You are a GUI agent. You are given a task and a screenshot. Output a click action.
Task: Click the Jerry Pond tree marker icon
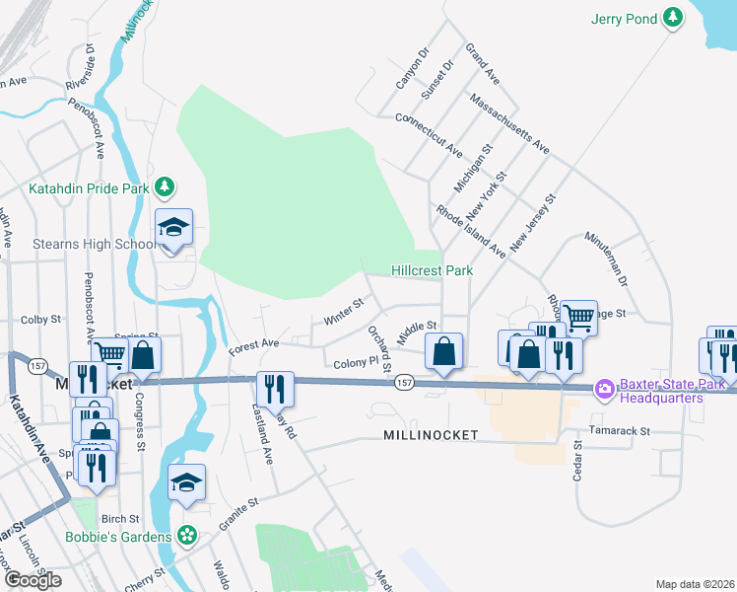(673, 18)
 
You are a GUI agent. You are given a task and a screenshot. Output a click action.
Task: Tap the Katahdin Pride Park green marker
(166, 186)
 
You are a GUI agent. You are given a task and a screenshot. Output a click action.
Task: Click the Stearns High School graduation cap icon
(173, 228)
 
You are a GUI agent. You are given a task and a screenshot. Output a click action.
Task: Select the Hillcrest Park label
(432, 270)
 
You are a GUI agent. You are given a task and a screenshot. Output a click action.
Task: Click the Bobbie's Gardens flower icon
(188, 537)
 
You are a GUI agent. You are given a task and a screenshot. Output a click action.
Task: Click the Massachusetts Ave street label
(509, 124)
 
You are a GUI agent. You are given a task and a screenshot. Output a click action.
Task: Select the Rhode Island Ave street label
(471, 232)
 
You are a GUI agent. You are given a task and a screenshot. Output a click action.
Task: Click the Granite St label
(238, 514)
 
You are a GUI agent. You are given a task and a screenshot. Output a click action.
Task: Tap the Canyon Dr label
(412, 68)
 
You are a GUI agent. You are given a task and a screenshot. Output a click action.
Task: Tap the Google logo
(33, 580)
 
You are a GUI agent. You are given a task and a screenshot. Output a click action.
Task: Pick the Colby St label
(41, 320)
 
